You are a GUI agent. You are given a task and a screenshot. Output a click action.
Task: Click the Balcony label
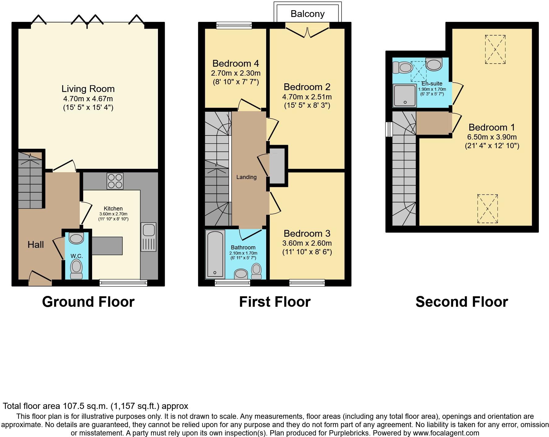307,14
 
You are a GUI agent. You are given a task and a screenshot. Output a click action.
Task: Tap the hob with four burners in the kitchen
115,181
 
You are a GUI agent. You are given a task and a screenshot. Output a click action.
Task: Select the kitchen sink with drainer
149,237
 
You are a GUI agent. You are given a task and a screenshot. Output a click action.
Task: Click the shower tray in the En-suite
404,95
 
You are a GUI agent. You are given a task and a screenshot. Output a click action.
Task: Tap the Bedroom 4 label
236,64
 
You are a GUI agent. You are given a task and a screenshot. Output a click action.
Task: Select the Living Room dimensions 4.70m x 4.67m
88,99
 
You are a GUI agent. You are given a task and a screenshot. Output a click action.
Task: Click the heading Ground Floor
88,302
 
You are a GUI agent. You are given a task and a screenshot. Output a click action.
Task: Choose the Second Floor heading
462,302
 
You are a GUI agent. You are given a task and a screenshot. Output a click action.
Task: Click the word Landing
246,177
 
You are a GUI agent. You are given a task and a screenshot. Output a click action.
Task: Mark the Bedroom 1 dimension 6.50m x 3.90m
492,137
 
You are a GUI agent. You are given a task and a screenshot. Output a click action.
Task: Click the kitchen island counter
107,246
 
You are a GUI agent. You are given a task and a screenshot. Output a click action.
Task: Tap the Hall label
36,245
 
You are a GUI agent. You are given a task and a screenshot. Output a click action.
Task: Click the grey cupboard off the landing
277,166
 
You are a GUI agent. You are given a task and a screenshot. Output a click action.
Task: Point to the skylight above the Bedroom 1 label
495,49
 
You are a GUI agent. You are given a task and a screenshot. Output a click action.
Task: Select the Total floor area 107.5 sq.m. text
95,406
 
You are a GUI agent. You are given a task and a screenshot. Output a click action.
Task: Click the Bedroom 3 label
307,234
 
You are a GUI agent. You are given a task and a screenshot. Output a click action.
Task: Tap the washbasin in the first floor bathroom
241,274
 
